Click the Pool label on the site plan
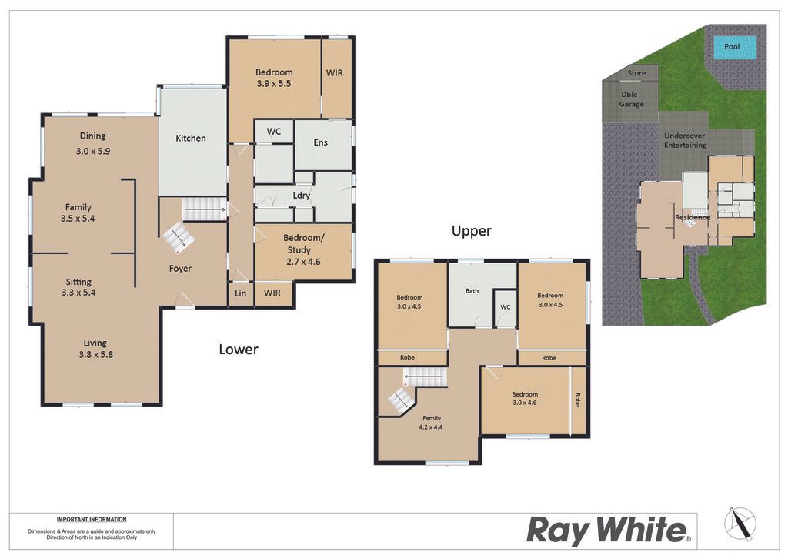tap(732, 46)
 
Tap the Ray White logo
tap(609, 531)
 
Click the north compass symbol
tap(740, 524)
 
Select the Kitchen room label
tap(191, 139)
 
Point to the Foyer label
tap(180, 269)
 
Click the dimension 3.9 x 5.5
tap(274, 84)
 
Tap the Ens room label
tap(321, 142)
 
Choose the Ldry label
tap(302, 196)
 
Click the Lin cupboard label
tap(241, 293)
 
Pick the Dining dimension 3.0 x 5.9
tap(93, 151)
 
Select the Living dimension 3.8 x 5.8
tap(96, 354)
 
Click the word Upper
tap(472, 231)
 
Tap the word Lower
tap(239, 350)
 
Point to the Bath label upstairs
tap(472, 290)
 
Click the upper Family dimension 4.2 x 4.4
tap(431, 427)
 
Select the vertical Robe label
tap(577, 400)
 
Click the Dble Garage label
tap(631, 99)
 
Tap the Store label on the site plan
tap(636, 73)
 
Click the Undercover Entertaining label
tap(685, 140)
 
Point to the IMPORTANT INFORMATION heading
tap(92, 519)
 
